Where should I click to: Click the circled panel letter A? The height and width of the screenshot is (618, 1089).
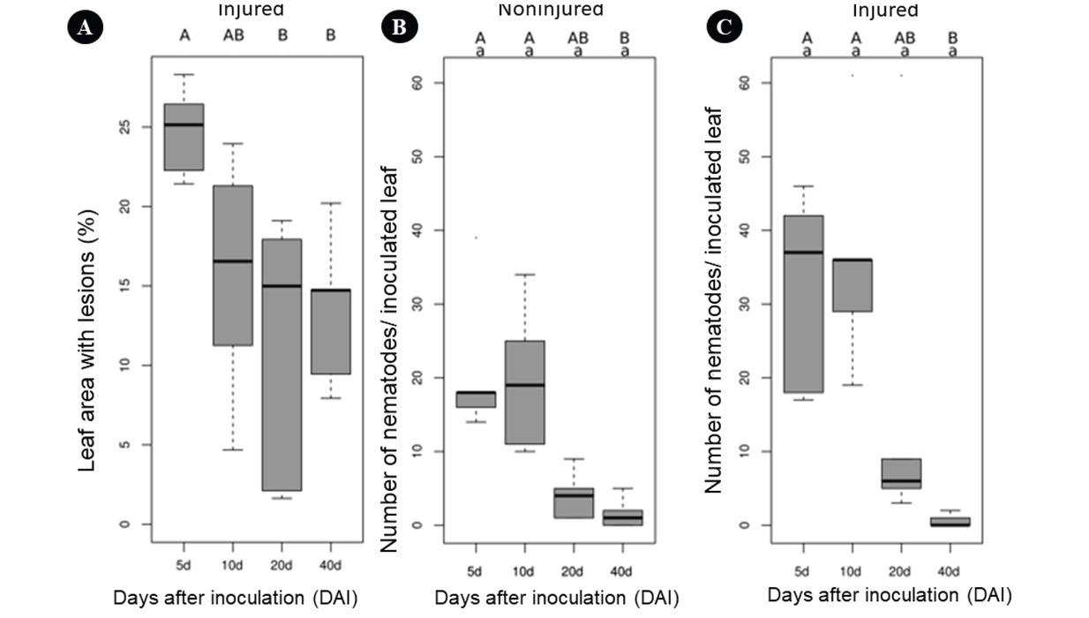point(85,27)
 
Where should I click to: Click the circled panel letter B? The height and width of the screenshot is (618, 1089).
point(399,27)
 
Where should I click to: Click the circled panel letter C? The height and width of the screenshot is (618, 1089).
point(725,27)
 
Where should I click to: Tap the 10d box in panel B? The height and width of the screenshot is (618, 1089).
point(529,392)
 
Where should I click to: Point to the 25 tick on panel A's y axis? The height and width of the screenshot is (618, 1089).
point(124,127)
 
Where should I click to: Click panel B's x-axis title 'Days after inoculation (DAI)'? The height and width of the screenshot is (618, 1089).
point(556,598)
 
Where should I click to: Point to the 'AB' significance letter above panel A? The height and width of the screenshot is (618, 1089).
point(233,36)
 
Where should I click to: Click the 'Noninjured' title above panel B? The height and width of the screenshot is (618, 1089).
point(551,11)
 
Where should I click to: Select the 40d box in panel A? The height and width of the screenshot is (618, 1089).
point(331,332)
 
